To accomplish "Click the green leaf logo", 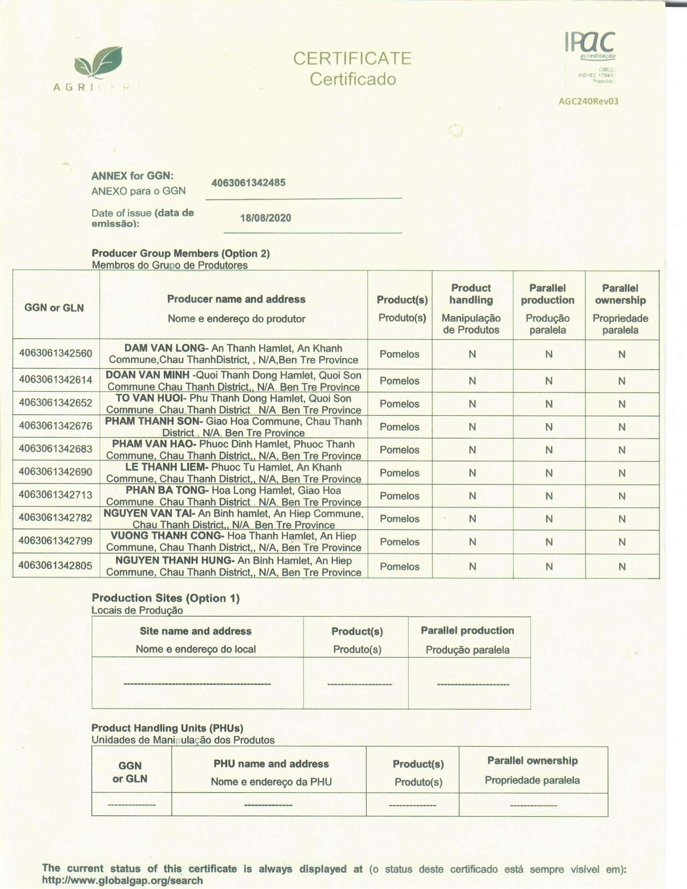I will (98, 64).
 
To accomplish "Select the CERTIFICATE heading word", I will (352, 59).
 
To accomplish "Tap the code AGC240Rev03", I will (588, 101).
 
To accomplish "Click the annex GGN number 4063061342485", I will (248, 183).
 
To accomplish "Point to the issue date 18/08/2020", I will (265, 218).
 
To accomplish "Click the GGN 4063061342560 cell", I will (56, 353).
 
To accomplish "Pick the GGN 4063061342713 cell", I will (56, 495).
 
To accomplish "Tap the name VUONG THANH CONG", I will (166, 536).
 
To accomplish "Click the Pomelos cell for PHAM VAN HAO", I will (399, 449).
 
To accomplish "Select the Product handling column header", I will (471, 294).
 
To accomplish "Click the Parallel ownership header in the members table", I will (620, 294).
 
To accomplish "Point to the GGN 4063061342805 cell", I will (56, 565).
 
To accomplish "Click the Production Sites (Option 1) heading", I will (165, 598).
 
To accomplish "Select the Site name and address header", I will (196, 631).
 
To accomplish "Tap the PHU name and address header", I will (271, 764).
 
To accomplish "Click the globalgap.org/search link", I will (122, 880).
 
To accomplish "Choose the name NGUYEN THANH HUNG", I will (175, 561).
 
